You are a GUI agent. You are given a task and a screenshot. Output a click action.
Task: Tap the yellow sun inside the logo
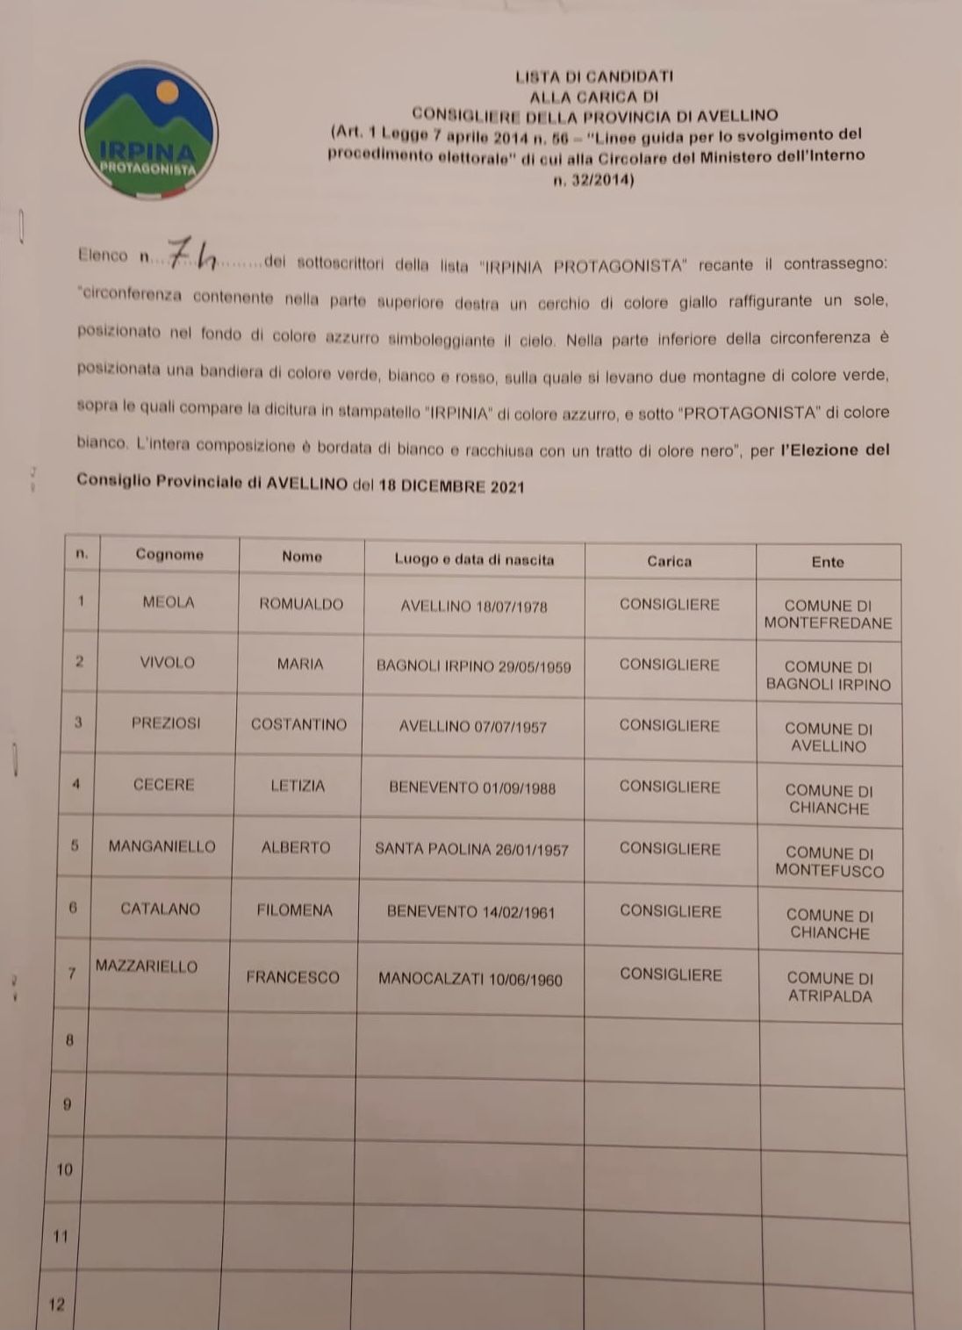tap(167, 91)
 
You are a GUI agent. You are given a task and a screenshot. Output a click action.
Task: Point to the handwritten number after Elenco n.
tap(192, 255)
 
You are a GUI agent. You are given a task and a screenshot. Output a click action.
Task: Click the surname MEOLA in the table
tap(168, 602)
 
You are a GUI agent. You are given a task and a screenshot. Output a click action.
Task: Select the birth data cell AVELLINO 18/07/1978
tap(473, 607)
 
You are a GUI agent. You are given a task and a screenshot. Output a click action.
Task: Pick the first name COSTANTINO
tap(298, 724)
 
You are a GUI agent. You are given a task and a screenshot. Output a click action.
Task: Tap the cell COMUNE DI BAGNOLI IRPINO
tap(828, 675)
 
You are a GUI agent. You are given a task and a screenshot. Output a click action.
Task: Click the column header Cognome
tap(169, 554)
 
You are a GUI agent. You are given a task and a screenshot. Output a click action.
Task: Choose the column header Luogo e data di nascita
tap(474, 559)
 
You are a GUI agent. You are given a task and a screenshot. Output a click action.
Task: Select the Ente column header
tap(827, 562)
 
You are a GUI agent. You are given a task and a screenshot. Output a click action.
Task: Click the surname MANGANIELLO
tap(162, 846)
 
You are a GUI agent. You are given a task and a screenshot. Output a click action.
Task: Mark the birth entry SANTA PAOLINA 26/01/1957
tap(471, 850)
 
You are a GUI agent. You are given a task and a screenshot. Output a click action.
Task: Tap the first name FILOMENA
tap(294, 910)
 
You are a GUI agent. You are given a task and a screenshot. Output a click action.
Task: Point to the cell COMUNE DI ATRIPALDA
tap(829, 987)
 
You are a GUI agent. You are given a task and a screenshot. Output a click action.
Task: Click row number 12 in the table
tap(57, 1305)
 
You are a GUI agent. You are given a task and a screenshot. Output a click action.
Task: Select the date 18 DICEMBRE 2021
tap(451, 486)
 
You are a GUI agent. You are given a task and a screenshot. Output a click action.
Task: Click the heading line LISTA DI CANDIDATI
tap(594, 76)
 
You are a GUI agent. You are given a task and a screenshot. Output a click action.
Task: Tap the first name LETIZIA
tap(298, 786)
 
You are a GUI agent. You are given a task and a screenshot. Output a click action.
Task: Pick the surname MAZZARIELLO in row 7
tap(147, 966)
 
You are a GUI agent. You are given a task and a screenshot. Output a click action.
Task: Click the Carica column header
tap(669, 561)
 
